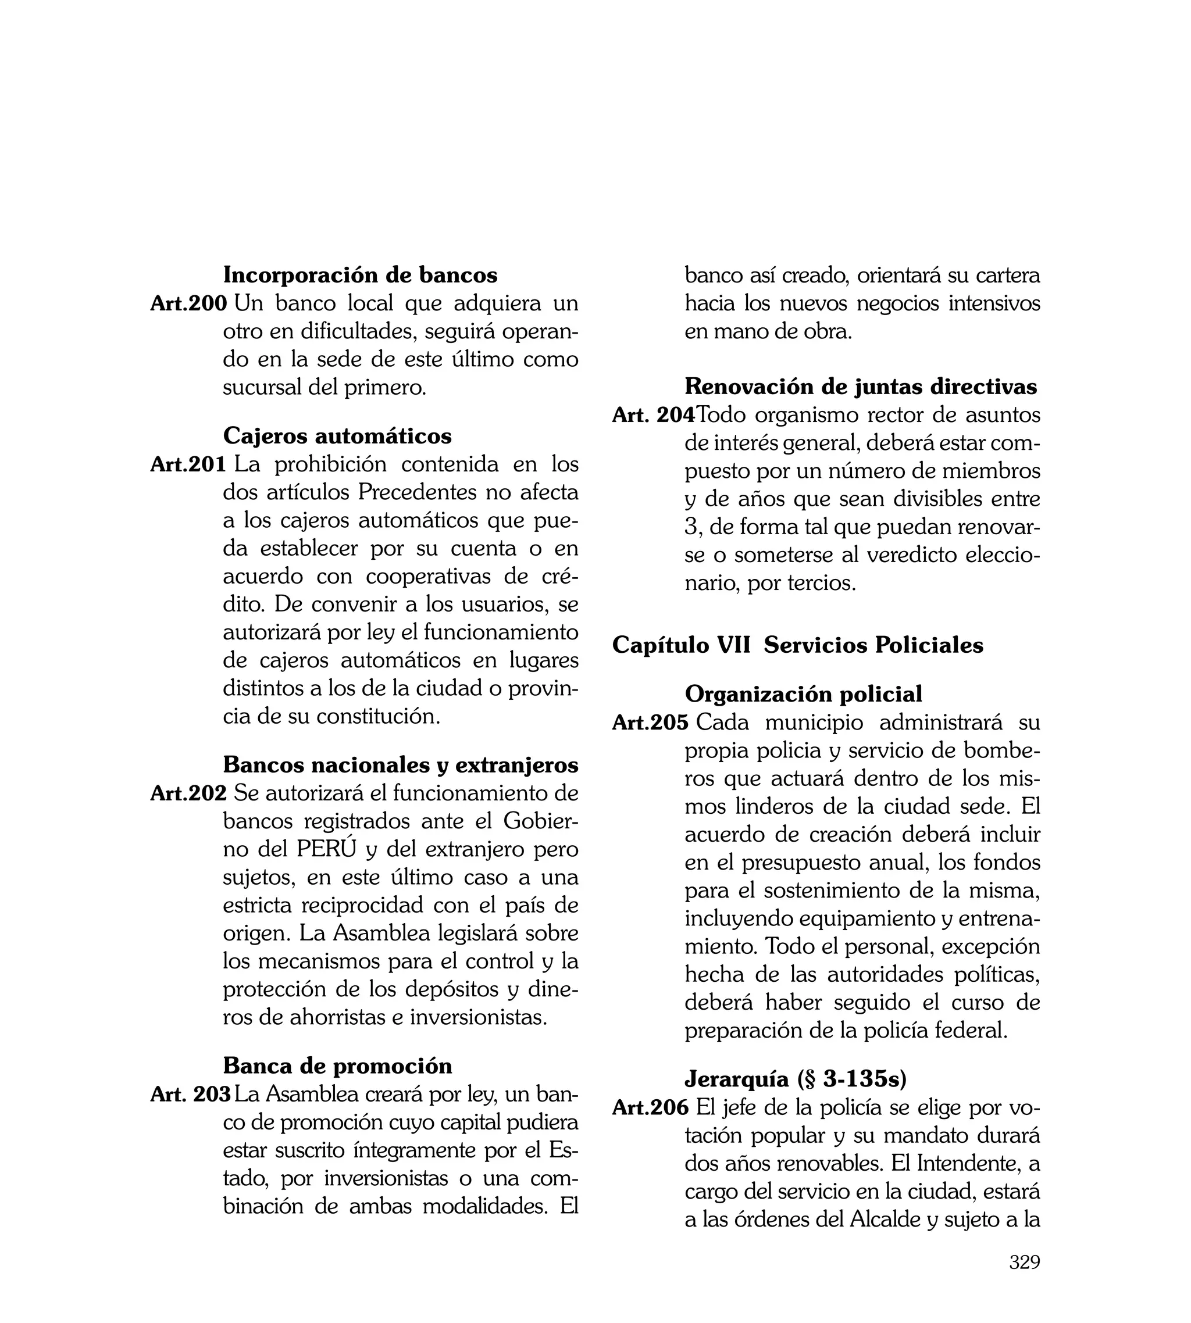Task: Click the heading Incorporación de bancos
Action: point(360,275)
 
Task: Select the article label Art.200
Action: point(188,303)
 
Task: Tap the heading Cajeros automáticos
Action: point(337,435)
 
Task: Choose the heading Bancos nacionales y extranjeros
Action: point(401,764)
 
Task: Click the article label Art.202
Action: point(188,793)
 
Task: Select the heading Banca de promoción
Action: point(337,1066)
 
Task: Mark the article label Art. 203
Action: point(190,1094)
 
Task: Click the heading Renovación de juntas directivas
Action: point(861,387)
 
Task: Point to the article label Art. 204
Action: point(653,415)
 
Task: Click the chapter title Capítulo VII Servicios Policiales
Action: point(797,645)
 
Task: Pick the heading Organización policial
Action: point(803,694)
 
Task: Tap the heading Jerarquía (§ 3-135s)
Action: point(795,1079)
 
